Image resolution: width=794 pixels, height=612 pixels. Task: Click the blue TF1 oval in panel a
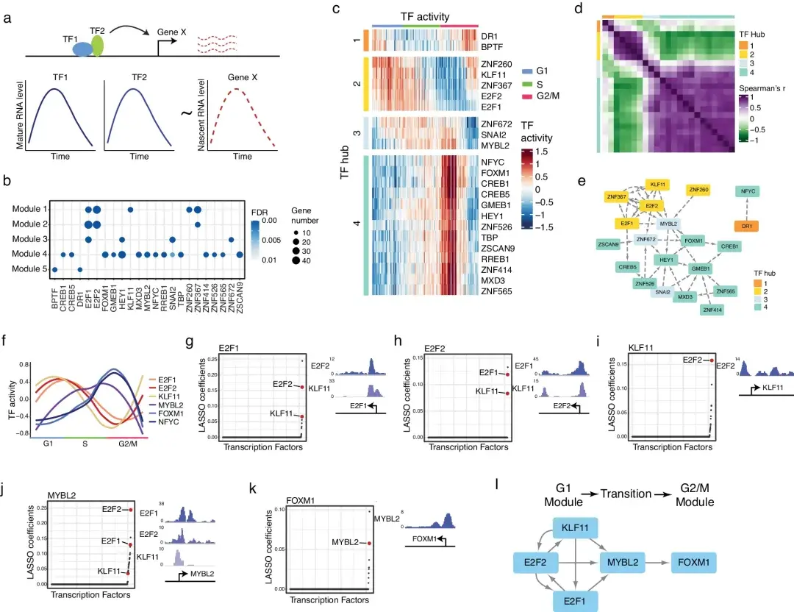coord(82,48)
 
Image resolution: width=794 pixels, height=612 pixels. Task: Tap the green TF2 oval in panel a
coord(97,44)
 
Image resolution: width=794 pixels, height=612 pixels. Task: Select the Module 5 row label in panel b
coord(30,270)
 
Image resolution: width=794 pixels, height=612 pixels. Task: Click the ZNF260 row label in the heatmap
coord(496,64)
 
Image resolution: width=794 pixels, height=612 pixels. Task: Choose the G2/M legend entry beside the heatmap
coord(551,96)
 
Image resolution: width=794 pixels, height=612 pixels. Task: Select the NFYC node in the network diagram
coord(748,191)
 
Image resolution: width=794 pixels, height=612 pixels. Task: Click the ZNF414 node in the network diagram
coord(712,310)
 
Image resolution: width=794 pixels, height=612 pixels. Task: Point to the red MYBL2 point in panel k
coord(370,544)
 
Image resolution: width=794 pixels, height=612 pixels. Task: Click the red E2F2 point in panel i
coord(711,360)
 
